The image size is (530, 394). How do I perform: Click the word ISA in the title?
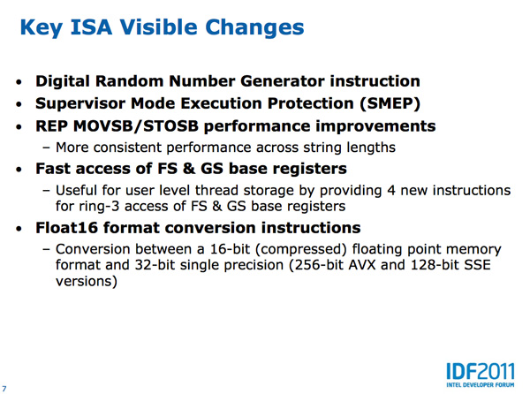point(91,27)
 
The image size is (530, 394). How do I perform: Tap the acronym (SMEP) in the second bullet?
point(390,103)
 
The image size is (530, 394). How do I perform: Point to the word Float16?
point(66,227)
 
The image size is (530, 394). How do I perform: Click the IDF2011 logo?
point(481,372)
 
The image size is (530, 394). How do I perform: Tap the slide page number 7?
point(4,389)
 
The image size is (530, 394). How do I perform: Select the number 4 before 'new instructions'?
point(391,191)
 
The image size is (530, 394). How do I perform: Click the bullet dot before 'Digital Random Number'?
point(19,82)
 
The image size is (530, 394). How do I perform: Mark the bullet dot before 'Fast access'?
point(19,170)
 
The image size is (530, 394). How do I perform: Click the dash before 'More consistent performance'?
point(46,148)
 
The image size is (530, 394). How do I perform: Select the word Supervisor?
point(80,103)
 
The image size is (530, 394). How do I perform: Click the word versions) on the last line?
point(87,281)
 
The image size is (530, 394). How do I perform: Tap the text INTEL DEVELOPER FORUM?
point(481,385)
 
